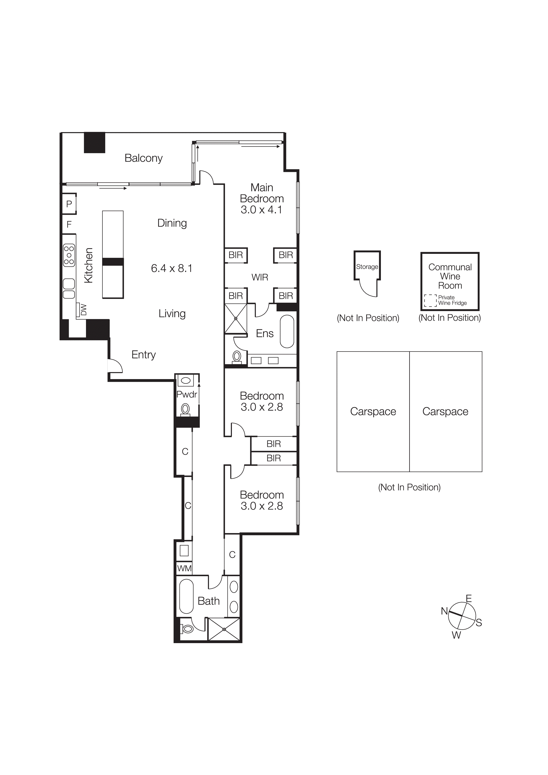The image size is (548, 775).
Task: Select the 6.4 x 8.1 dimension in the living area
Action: [x=172, y=268]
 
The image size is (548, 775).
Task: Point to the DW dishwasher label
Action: [x=83, y=310]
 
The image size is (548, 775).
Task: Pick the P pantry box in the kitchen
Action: [x=69, y=204]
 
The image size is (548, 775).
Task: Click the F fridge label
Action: [x=69, y=224]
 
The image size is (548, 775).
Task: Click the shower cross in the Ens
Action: [x=236, y=318]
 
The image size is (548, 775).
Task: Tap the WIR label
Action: [x=260, y=277]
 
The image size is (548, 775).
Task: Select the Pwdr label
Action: [x=187, y=394]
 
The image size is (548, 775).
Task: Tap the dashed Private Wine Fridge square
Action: [x=430, y=300]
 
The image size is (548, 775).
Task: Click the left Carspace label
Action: [x=373, y=411]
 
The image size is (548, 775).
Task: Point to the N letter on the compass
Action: [x=444, y=611]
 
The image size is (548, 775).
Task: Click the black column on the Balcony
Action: [x=95, y=143]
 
